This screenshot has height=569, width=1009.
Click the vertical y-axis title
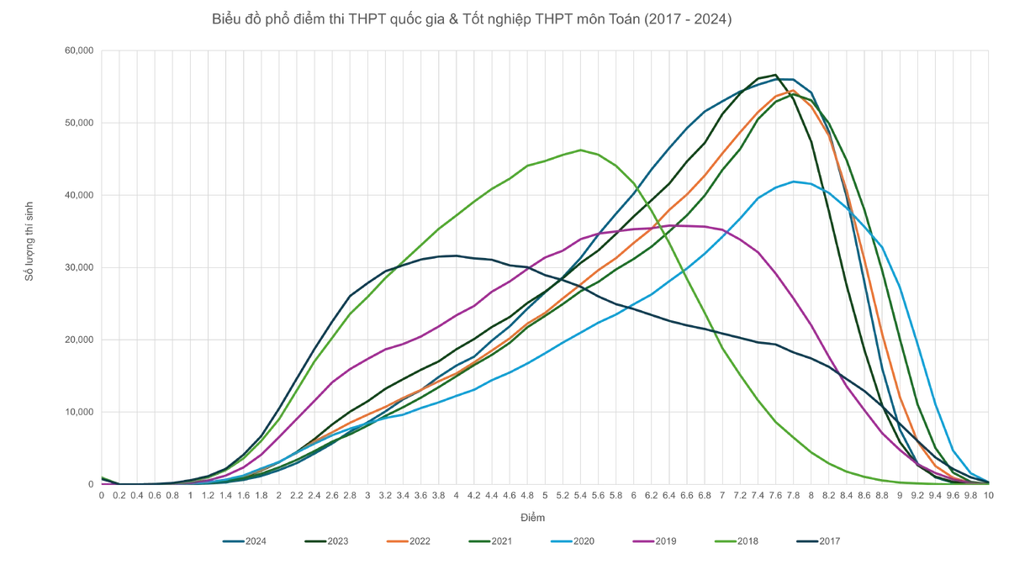point(30,239)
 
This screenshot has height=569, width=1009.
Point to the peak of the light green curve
point(578,150)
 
